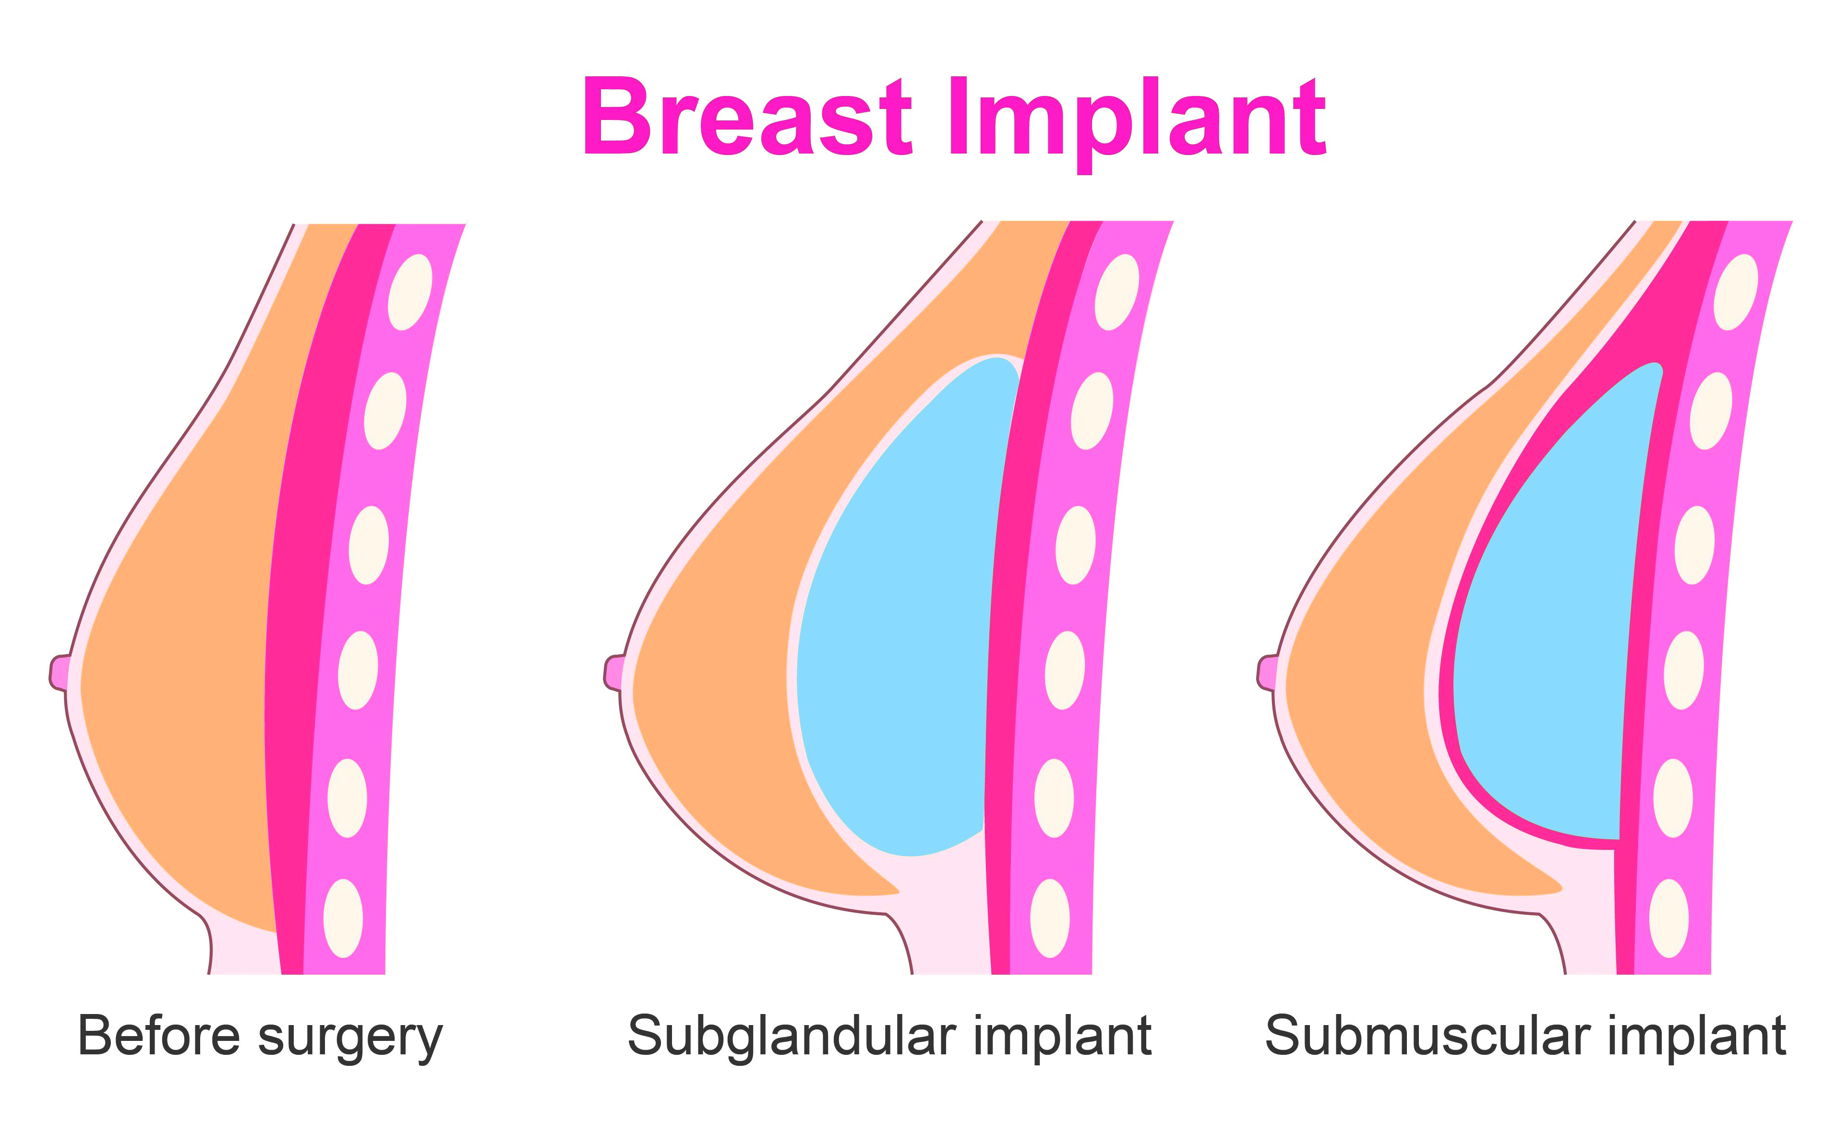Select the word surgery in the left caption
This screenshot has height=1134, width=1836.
(350, 1039)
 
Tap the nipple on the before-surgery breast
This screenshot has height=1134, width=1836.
(59, 673)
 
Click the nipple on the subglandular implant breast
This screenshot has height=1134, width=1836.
(613, 673)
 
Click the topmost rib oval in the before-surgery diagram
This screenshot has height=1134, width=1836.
(409, 292)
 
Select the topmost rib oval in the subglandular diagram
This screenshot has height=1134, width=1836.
(1117, 292)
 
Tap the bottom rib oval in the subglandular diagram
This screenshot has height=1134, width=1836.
(1050, 918)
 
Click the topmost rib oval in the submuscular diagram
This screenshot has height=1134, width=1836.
(1736, 292)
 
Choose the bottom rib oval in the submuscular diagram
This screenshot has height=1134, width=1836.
(1669, 918)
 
